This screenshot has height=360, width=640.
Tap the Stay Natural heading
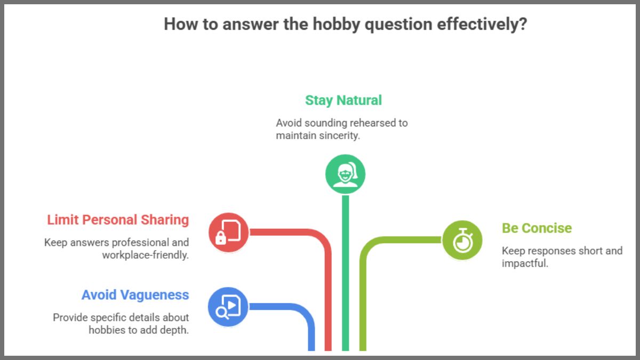[x=343, y=100]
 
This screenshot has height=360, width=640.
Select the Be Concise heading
[x=537, y=228]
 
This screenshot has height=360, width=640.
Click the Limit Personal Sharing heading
[x=118, y=220]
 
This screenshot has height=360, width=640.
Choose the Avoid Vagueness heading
[x=135, y=295]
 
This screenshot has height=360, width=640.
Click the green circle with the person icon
[x=345, y=174]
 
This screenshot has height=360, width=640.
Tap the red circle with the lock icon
[x=228, y=233]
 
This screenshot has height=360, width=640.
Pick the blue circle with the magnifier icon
[x=228, y=307]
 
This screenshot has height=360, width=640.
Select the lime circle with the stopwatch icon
[x=462, y=240]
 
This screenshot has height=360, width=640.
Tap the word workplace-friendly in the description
[x=145, y=255]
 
